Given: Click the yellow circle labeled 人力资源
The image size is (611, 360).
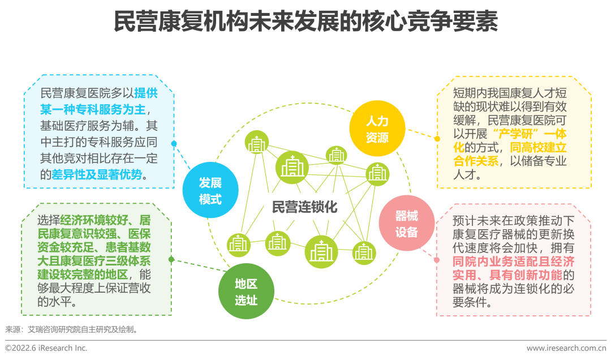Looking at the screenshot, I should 377,128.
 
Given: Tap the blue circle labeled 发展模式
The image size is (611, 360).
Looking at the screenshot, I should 210,191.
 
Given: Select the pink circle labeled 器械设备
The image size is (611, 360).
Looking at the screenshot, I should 407,224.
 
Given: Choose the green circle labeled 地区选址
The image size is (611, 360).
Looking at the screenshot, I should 246,292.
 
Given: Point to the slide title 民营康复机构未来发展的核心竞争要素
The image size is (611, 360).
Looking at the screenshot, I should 305,23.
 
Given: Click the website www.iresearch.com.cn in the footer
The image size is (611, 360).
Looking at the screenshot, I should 566,348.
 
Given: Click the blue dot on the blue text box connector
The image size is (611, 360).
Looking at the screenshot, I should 174,144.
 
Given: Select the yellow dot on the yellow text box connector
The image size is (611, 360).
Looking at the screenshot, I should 437,138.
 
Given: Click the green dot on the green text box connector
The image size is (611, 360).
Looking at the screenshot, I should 171,259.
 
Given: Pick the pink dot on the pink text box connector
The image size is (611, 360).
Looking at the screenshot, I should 436,260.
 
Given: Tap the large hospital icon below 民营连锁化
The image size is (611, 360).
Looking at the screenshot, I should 321,252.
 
